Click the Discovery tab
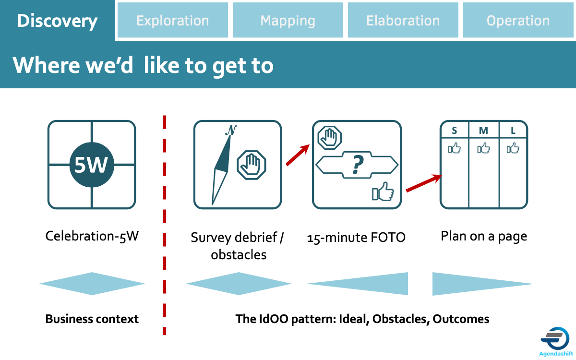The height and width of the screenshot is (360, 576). coord(57,21)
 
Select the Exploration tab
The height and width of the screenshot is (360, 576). coord(172,20)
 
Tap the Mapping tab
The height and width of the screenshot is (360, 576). coord(288,20)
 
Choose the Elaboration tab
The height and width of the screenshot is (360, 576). coord(403,20)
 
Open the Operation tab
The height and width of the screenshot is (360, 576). coord(518,20)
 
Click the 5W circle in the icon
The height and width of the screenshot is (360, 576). coord(92,165)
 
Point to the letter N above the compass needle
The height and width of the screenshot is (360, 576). coord(231,130)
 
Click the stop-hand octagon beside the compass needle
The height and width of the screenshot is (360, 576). coord(251,165)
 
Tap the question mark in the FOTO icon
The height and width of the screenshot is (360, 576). coord(358,165)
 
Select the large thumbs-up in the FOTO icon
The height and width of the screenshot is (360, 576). coord(383,192)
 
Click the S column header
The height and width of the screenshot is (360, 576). coord(455,131)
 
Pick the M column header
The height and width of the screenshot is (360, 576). coord(483,131)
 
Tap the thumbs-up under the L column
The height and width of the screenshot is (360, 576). coord(513,148)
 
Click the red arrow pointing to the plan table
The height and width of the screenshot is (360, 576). coord(424,183)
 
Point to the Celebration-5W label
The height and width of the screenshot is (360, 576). coord(92,236)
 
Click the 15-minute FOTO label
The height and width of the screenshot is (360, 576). coord(356,237)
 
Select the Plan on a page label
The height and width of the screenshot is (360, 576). coord(484,237)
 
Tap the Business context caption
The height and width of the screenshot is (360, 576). coord(92,319)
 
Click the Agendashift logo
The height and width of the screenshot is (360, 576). coord(555,341)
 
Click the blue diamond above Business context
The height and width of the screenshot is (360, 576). coord(92,284)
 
